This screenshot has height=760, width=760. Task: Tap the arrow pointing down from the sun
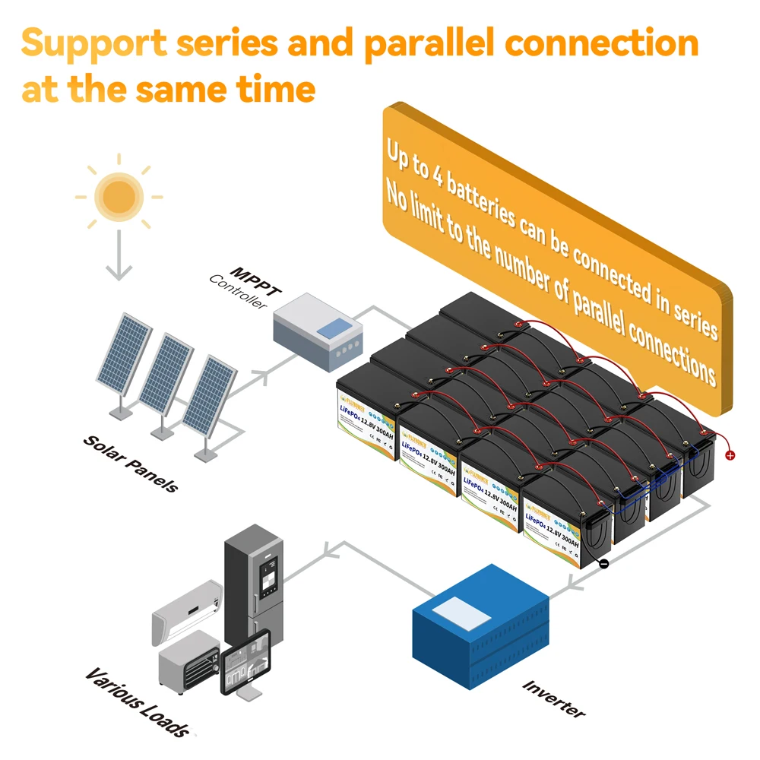tap(118, 258)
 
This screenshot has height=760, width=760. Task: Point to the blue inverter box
tap(482, 630)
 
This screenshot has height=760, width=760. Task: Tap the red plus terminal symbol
tap(730, 455)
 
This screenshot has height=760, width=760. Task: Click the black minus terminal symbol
tap(603, 564)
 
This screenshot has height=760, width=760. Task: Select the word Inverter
tap(554, 698)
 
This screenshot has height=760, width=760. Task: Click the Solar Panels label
tap(130, 463)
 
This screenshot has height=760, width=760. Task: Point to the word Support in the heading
tap(84, 43)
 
